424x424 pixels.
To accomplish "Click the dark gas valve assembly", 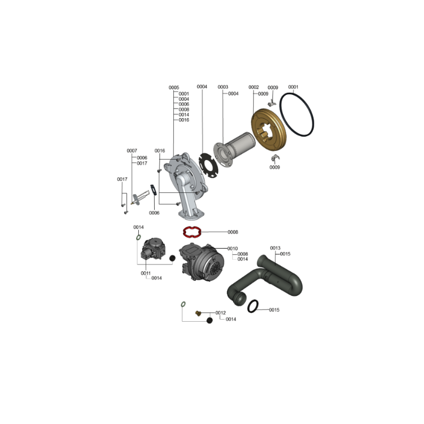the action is [154, 249].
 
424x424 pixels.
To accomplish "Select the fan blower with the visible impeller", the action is [201, 261].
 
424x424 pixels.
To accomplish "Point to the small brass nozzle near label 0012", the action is [198, 313].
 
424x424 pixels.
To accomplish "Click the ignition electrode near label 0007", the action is [140, 197].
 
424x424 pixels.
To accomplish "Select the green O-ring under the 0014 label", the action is [138, 237].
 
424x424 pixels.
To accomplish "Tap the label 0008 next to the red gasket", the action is [233, 232].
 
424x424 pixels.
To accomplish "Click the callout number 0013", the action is [275, 248].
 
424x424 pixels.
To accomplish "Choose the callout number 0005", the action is [174, 87].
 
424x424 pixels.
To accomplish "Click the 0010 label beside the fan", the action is [233, 248].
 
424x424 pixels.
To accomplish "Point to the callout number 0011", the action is [145, 273].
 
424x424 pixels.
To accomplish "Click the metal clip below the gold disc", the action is [275, 157].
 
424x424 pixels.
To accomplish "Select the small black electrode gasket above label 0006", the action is [154, 190].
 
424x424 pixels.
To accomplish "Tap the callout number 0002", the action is [254, 87].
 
